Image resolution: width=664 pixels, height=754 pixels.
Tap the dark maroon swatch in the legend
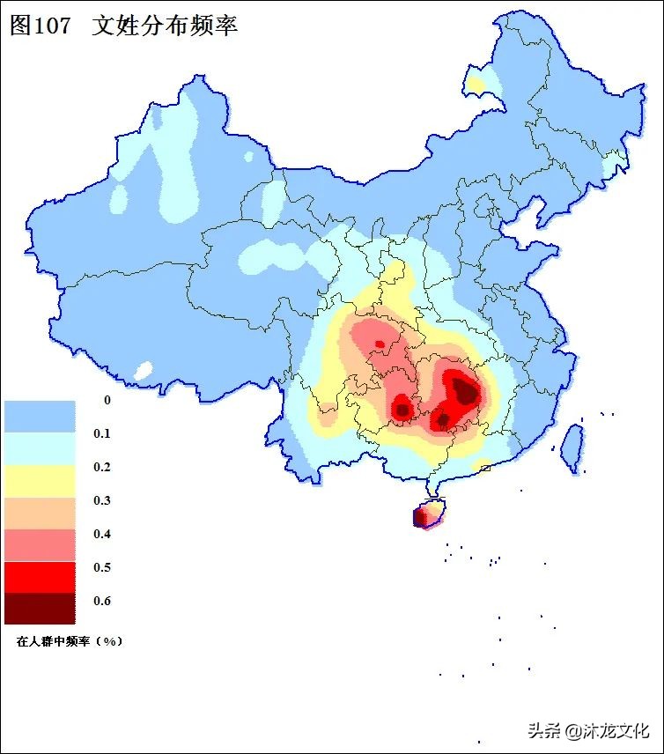(x=40, y=608)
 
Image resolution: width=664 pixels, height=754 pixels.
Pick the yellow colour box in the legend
(x=40, y=482)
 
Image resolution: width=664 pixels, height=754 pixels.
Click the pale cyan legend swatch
(x=40, y=448)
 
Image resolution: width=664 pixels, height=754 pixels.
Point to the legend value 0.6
(x=103, y=601)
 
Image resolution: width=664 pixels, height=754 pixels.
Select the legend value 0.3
(x=103, y=500)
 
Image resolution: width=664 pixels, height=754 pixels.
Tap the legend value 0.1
(x=103, y=433)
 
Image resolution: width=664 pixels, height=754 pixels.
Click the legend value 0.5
(x=103, y=567)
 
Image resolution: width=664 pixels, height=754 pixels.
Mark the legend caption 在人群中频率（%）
(x=70, y=641)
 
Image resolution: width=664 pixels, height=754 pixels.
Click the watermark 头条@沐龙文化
(x=588, y=730)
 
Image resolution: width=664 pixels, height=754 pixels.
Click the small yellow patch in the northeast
(x=476, y=85)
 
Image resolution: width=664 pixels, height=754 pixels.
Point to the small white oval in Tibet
(x=143, y=371)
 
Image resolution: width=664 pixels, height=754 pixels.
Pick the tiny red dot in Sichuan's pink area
(x=380, y=344)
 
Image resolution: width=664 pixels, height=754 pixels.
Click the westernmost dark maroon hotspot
(x=402, y=410)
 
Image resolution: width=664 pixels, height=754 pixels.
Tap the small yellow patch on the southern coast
(x=482, y=466)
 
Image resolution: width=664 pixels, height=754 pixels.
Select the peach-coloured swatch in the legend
(x=40, y=513)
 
